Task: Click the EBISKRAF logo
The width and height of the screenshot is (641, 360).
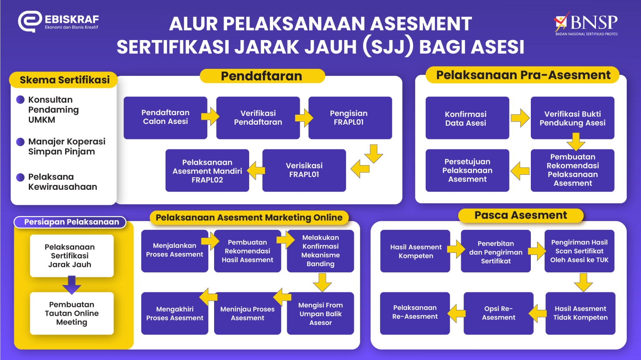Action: [x=58, y=22]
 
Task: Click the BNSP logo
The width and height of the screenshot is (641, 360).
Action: [x=586, y=24]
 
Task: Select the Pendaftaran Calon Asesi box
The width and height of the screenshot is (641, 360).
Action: [x=165, y=118]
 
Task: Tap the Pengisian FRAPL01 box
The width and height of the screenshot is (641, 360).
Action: [x=350, y=118]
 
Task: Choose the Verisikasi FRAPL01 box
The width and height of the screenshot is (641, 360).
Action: [x=304, y=170]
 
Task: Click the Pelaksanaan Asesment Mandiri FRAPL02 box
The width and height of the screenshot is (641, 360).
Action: [x=207, y=171]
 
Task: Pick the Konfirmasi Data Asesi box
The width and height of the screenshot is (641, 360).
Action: [x=467, y=118]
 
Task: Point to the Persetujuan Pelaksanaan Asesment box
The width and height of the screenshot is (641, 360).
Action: [x=467, y=170]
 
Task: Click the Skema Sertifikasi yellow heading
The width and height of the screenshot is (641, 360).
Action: [x=64, y=80]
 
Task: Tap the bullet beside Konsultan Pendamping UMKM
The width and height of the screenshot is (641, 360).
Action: [x=20, y=100]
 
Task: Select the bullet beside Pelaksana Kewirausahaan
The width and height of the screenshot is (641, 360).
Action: [x=20, y=177]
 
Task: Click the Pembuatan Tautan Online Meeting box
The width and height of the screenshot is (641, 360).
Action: [x=72, y=313]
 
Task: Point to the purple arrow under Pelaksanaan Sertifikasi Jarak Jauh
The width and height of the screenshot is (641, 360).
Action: [x=71, y=285]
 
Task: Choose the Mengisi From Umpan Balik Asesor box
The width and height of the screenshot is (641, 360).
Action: [x=320, y=314]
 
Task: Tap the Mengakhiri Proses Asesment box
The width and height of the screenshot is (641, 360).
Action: [x=174, y=314]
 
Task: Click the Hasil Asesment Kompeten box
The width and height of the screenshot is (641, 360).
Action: [x=415, y=251]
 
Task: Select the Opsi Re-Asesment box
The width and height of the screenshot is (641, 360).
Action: [x=498, y=313]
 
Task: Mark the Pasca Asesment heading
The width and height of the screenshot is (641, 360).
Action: [x=520, y=215]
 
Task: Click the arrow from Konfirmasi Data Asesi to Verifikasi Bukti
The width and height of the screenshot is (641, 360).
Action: [x=520, y=118]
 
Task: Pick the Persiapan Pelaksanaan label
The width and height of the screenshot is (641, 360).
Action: [x=71, y=222]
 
